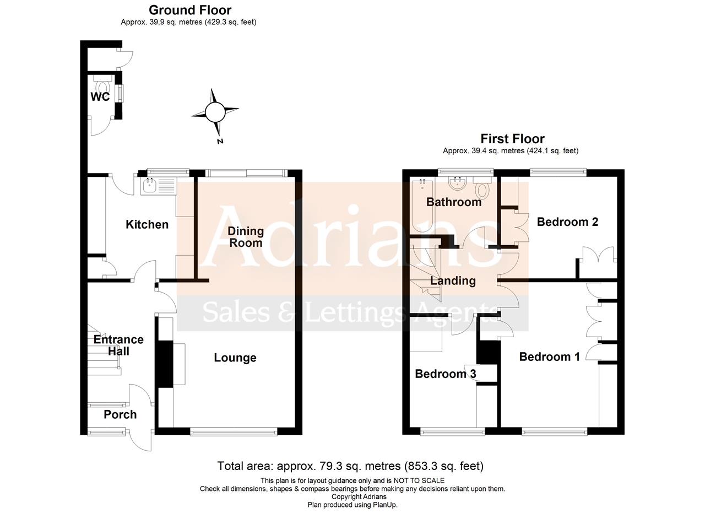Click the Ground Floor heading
pyautogui.click(x=190, y=10)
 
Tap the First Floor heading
pyautogui.click(x=512, y=138)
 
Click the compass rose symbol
pyautogui.click(x=215, y=113)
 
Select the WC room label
pyautogui.click(x=100, y=97)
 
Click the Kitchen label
pyautogui.click(x=147, y=224)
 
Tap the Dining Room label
pyautogui.click(x=245, y=237)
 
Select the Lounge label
pyautogui.click(x=235, y=358)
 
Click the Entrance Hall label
pyautogui.click(x=118, y=345)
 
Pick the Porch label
pyautogui.click(x=120, y=414)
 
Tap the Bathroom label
pyautogui.click(x=454, y=202)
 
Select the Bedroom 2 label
pyautogui.click(x=567, y=222)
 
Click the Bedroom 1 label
pyautogui.click(x=549, y=357)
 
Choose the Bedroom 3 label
pyautogui.click(x=445, y=374)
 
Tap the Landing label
pyautogui.click(x=453, y=280)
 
